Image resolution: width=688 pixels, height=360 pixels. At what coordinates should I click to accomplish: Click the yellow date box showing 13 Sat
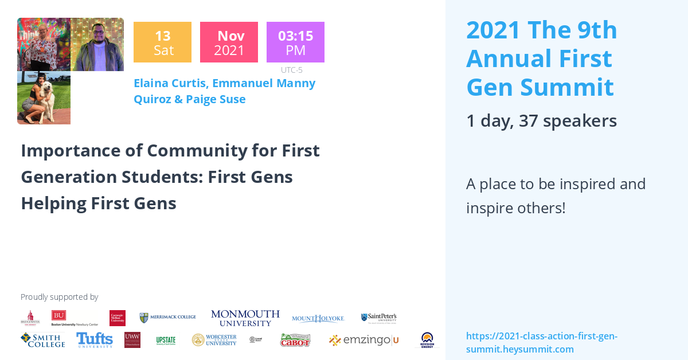click(162, 42)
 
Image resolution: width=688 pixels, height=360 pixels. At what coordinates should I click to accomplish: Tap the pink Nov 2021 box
click(229, 42)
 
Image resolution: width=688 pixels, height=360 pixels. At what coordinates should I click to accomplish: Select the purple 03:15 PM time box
click(295, 42)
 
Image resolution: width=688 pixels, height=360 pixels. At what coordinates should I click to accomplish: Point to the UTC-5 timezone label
click(291, 70)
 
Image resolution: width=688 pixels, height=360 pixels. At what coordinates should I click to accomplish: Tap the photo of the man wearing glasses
click(97, 44)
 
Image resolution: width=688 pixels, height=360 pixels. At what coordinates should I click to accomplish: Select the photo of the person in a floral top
click(44, 44)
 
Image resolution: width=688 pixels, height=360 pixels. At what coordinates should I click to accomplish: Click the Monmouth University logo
click(245, 318)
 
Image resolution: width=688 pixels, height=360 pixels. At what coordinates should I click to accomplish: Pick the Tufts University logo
click(95, 340)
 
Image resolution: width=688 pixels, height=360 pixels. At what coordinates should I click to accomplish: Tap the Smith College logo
click(43, 340)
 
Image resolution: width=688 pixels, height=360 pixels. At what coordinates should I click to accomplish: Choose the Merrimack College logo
click(168, 317)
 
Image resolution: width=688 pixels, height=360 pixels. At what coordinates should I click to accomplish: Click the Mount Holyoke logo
click(318, 319)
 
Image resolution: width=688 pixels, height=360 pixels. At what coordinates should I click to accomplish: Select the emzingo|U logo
click(363, 341)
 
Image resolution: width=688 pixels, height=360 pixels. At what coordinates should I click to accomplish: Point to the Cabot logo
click(295, 340)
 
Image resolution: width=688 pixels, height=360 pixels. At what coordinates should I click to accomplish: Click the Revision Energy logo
click(427, 340)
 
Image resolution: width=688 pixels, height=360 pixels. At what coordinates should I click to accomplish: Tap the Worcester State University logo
click(214, 340)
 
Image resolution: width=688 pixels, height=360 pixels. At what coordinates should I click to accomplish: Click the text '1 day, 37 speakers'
click(541, 121)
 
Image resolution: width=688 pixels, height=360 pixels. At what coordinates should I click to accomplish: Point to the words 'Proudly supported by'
click(59, 297)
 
